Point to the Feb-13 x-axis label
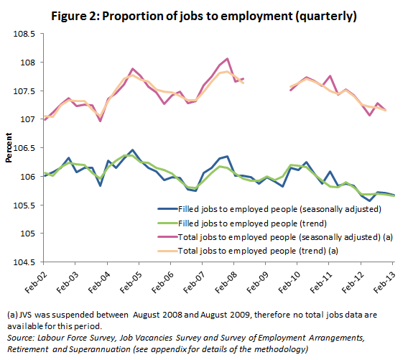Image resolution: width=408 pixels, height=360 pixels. tap(385, 278)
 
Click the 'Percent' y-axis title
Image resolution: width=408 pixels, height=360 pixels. tap(9, 148)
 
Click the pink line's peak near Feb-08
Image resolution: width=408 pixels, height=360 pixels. tap(228, 59)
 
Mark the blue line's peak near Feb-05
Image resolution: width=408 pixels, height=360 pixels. tap(131, 150)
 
